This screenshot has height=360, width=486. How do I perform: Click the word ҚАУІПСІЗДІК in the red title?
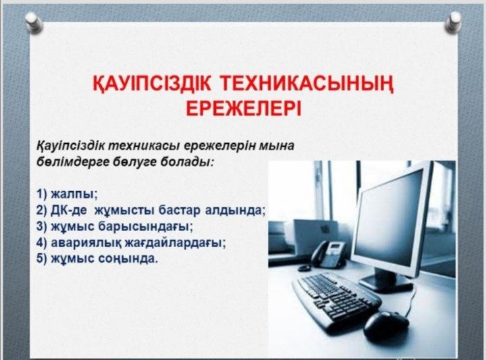[x=152, y=84]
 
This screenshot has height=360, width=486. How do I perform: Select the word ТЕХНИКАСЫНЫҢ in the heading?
[x=307, y=84]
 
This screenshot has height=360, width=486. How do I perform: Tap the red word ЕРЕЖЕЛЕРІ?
[x=244, y=107]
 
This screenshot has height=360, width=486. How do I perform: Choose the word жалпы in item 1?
[x=74, y=195]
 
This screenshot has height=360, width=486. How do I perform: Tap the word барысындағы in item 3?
[x=145, y=227]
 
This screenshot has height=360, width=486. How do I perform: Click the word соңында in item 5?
[x=128, y=258]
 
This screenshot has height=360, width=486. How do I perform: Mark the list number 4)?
[x=42, y=242]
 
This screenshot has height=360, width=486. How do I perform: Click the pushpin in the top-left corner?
[x=34, y=22]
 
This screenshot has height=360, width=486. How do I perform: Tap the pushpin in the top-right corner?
[x=453, y=22]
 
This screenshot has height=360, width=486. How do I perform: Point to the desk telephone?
[x=329, y=254]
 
